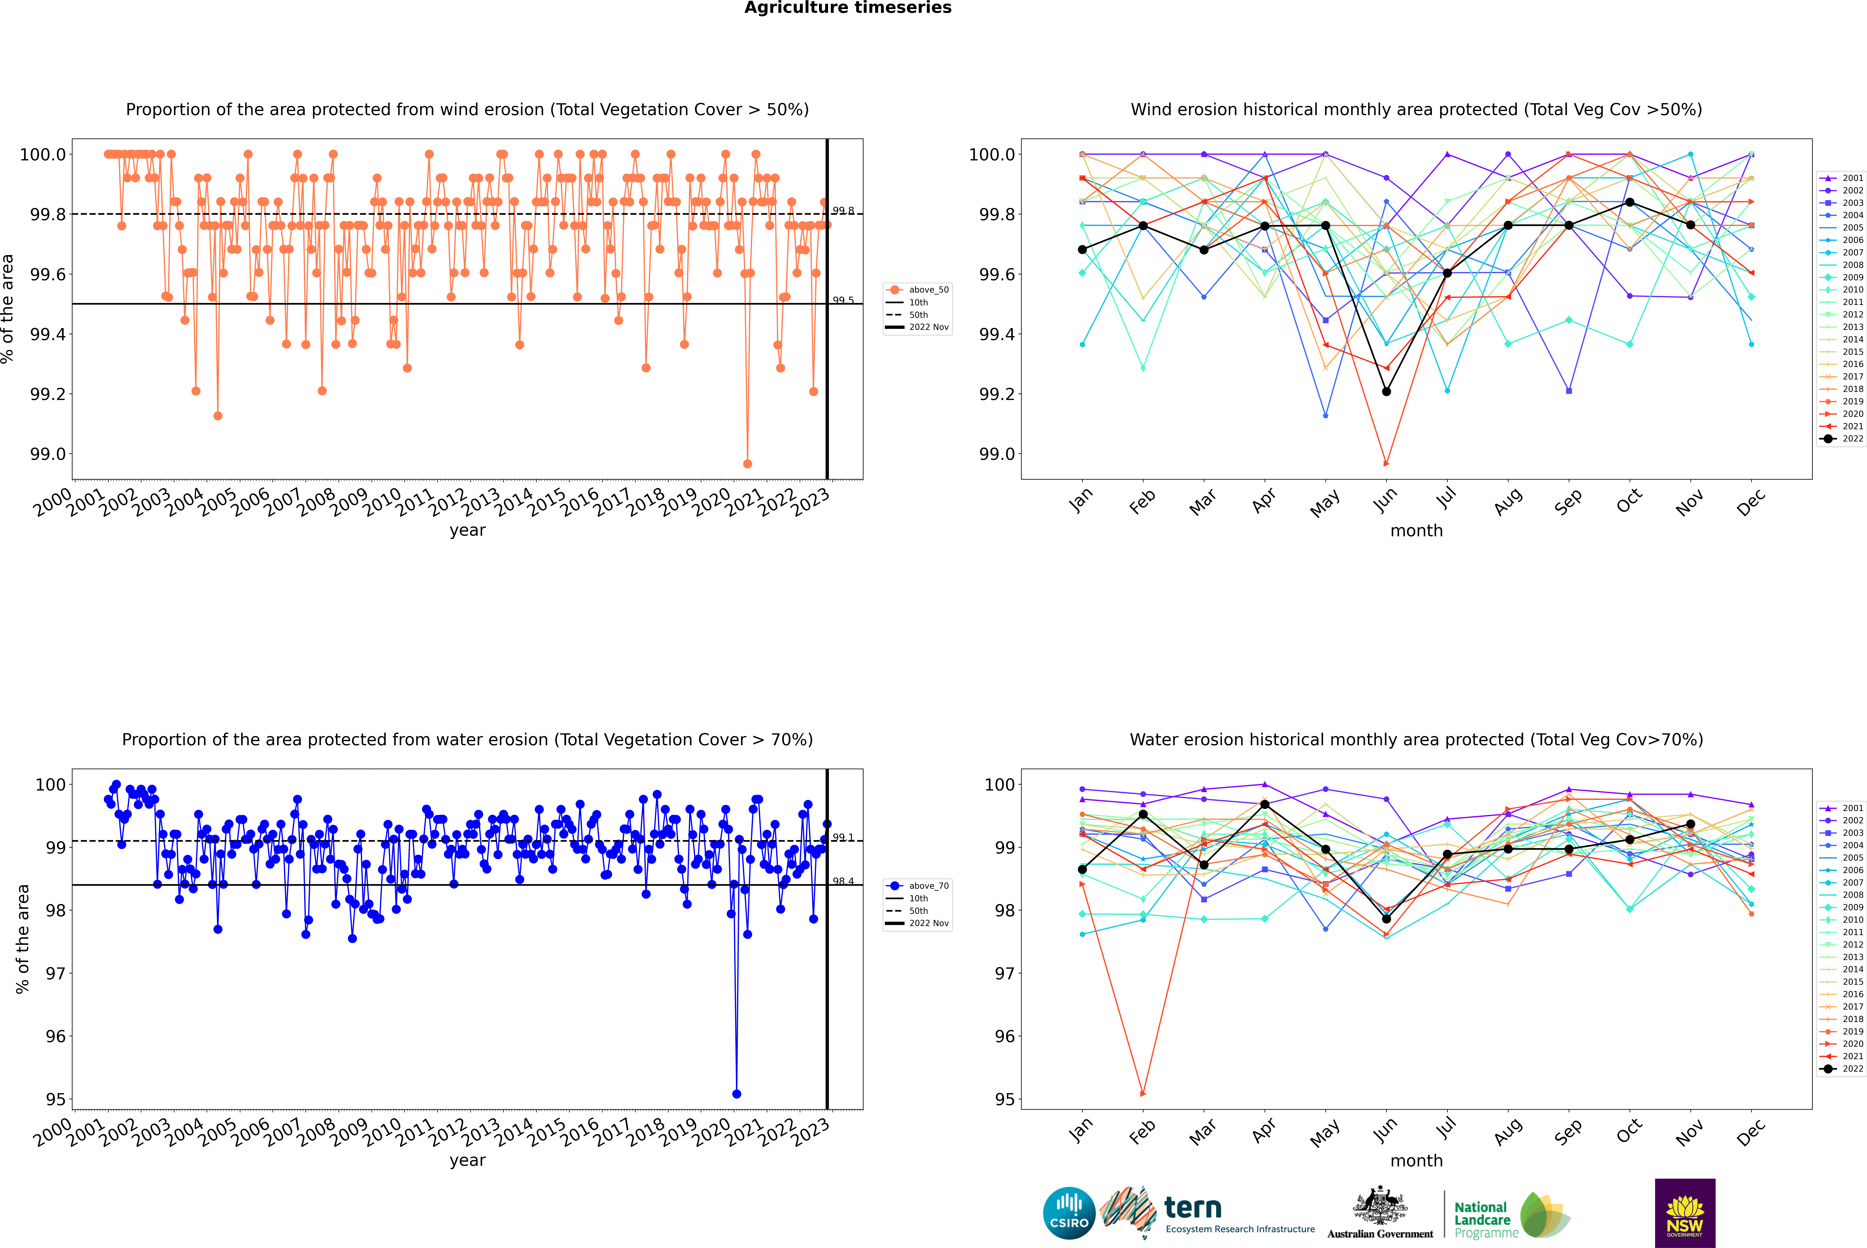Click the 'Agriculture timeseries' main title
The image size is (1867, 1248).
pyautogui.click(x=847, y=8)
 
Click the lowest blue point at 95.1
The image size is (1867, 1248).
pyautogui.click(x=736, y=1094)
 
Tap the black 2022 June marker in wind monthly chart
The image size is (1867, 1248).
pyautogui.click(x=1386, y=392)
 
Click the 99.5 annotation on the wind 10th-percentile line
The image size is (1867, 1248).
pyautogui.click(x=843, y=300)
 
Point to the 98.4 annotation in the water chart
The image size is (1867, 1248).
pyautogui.click(x=843, y=881)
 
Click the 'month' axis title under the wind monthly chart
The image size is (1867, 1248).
pyautogui.click(x=1416, y=531)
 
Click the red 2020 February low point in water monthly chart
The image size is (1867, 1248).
pyautogui.click(x=1143, y=1094)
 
